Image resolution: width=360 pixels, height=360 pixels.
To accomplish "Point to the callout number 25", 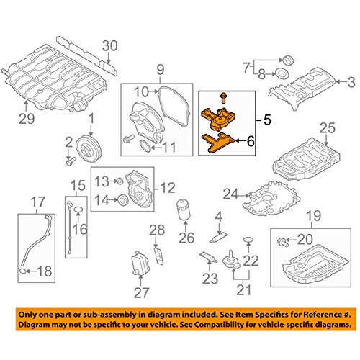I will tap(328, 128).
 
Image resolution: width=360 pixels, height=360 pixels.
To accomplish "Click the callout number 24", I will tap(230, 192).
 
